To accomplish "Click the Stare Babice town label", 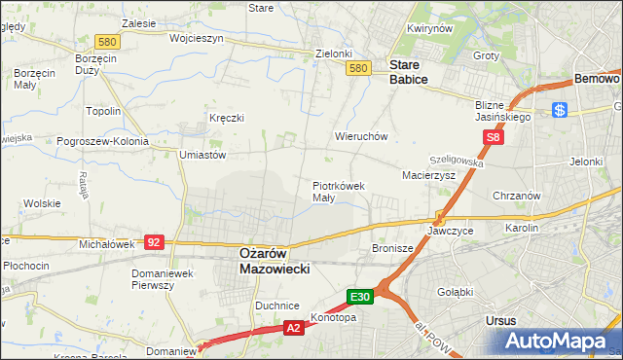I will coord(408,72).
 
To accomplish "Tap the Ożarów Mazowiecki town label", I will coord(274,260).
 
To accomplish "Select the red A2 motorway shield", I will coord(294,330).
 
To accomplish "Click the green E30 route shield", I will coord(360,296).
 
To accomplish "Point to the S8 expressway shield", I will coord(495,138).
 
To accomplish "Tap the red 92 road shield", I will coord(153,241).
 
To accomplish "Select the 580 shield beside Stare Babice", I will coord(358,68).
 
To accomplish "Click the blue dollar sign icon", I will coord(559,110).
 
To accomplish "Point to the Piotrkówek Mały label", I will coord(338,191).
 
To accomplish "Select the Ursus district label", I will coord(499,319).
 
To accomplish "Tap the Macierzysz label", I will coord(429,175).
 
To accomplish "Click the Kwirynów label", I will coord(430,29).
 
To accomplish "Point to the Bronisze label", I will coord(393,249).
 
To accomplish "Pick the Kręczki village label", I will coord(226,118).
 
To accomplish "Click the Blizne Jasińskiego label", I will coord(502,110).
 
